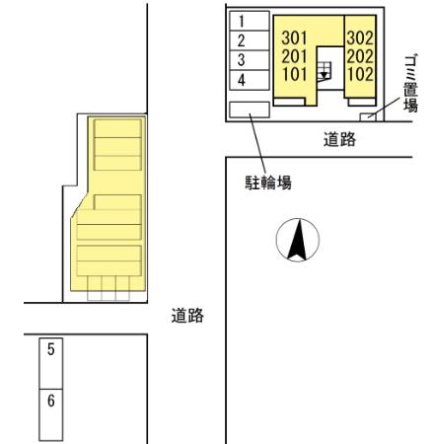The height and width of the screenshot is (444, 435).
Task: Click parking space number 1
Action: pyautogui.click(x=243, y=20)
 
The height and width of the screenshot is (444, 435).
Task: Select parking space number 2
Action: pyautogui.click(x=243, y=39)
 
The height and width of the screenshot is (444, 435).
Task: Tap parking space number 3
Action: pyautogui.click(x=243, y=58)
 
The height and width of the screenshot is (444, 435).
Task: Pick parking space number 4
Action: pyautogui.click(x=243, y=78)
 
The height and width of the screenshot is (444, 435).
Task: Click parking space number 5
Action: pyautogui.click(x=51, y=349)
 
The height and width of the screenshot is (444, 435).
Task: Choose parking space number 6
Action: pyautogui.click(x=51, y=402)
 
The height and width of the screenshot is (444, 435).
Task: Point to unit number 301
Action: pyautogui.click(x=293, y=38)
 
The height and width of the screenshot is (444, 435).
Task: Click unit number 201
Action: pyautogui.click(x=293, y=55)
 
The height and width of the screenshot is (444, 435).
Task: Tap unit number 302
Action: pyautogui.click(x=357, y=38)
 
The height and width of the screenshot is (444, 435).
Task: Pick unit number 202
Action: pyautogui.click(x=357, y=55)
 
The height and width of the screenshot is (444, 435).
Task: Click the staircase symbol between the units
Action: pyautogui.click(x=323, y=70)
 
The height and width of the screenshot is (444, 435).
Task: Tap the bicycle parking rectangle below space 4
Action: pyautogui.click(x=248, y=110)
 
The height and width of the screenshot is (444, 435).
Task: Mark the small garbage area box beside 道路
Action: pyautogui.click(x=370, y=116)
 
